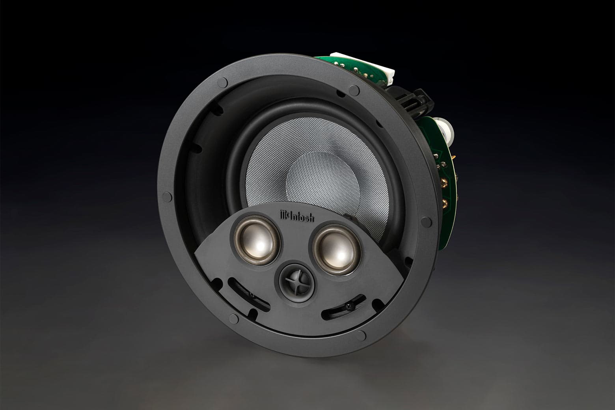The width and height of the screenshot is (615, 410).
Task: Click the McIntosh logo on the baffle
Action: pos(294,215)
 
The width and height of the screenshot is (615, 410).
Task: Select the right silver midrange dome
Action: pos(333,252)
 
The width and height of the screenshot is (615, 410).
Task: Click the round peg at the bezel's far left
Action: pos(166,195)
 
